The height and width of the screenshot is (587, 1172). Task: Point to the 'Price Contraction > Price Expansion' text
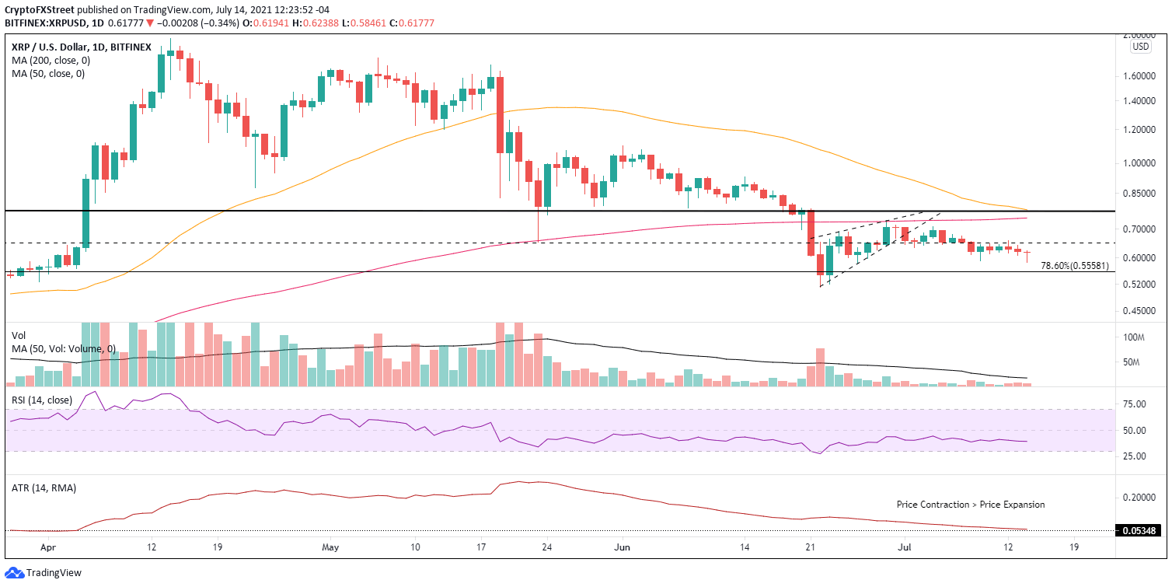(x=970, y=505)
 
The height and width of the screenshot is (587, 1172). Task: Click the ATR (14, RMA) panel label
(x=44, y=487)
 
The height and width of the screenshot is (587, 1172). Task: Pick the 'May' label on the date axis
(x=330, y=546)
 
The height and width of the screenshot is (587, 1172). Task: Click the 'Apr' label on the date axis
(x=48, y=546)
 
